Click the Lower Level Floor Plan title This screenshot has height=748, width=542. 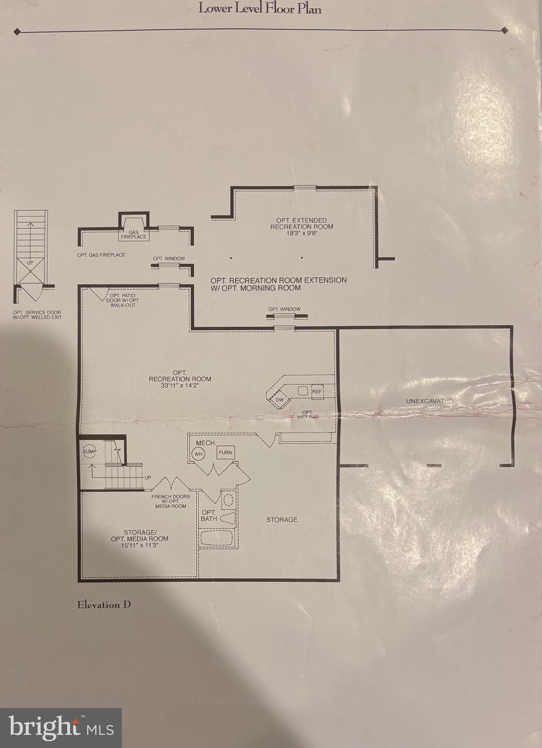260,8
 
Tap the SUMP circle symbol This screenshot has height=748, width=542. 90,451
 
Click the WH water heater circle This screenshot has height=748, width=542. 198,454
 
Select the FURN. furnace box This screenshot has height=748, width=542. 226,452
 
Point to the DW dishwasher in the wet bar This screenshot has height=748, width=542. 280,400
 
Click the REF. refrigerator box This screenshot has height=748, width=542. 317,392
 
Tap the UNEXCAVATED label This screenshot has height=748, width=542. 429,401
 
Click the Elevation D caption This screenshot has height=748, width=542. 104,605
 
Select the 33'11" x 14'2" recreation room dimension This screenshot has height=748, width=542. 180,385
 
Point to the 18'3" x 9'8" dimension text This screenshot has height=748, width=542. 301,233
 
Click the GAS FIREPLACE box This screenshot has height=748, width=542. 133,234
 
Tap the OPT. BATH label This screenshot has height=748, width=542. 208,515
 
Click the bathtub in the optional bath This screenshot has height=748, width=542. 217,539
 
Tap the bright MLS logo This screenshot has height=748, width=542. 61,728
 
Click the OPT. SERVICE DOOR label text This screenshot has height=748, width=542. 37,315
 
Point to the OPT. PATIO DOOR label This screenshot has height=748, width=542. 123,300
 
